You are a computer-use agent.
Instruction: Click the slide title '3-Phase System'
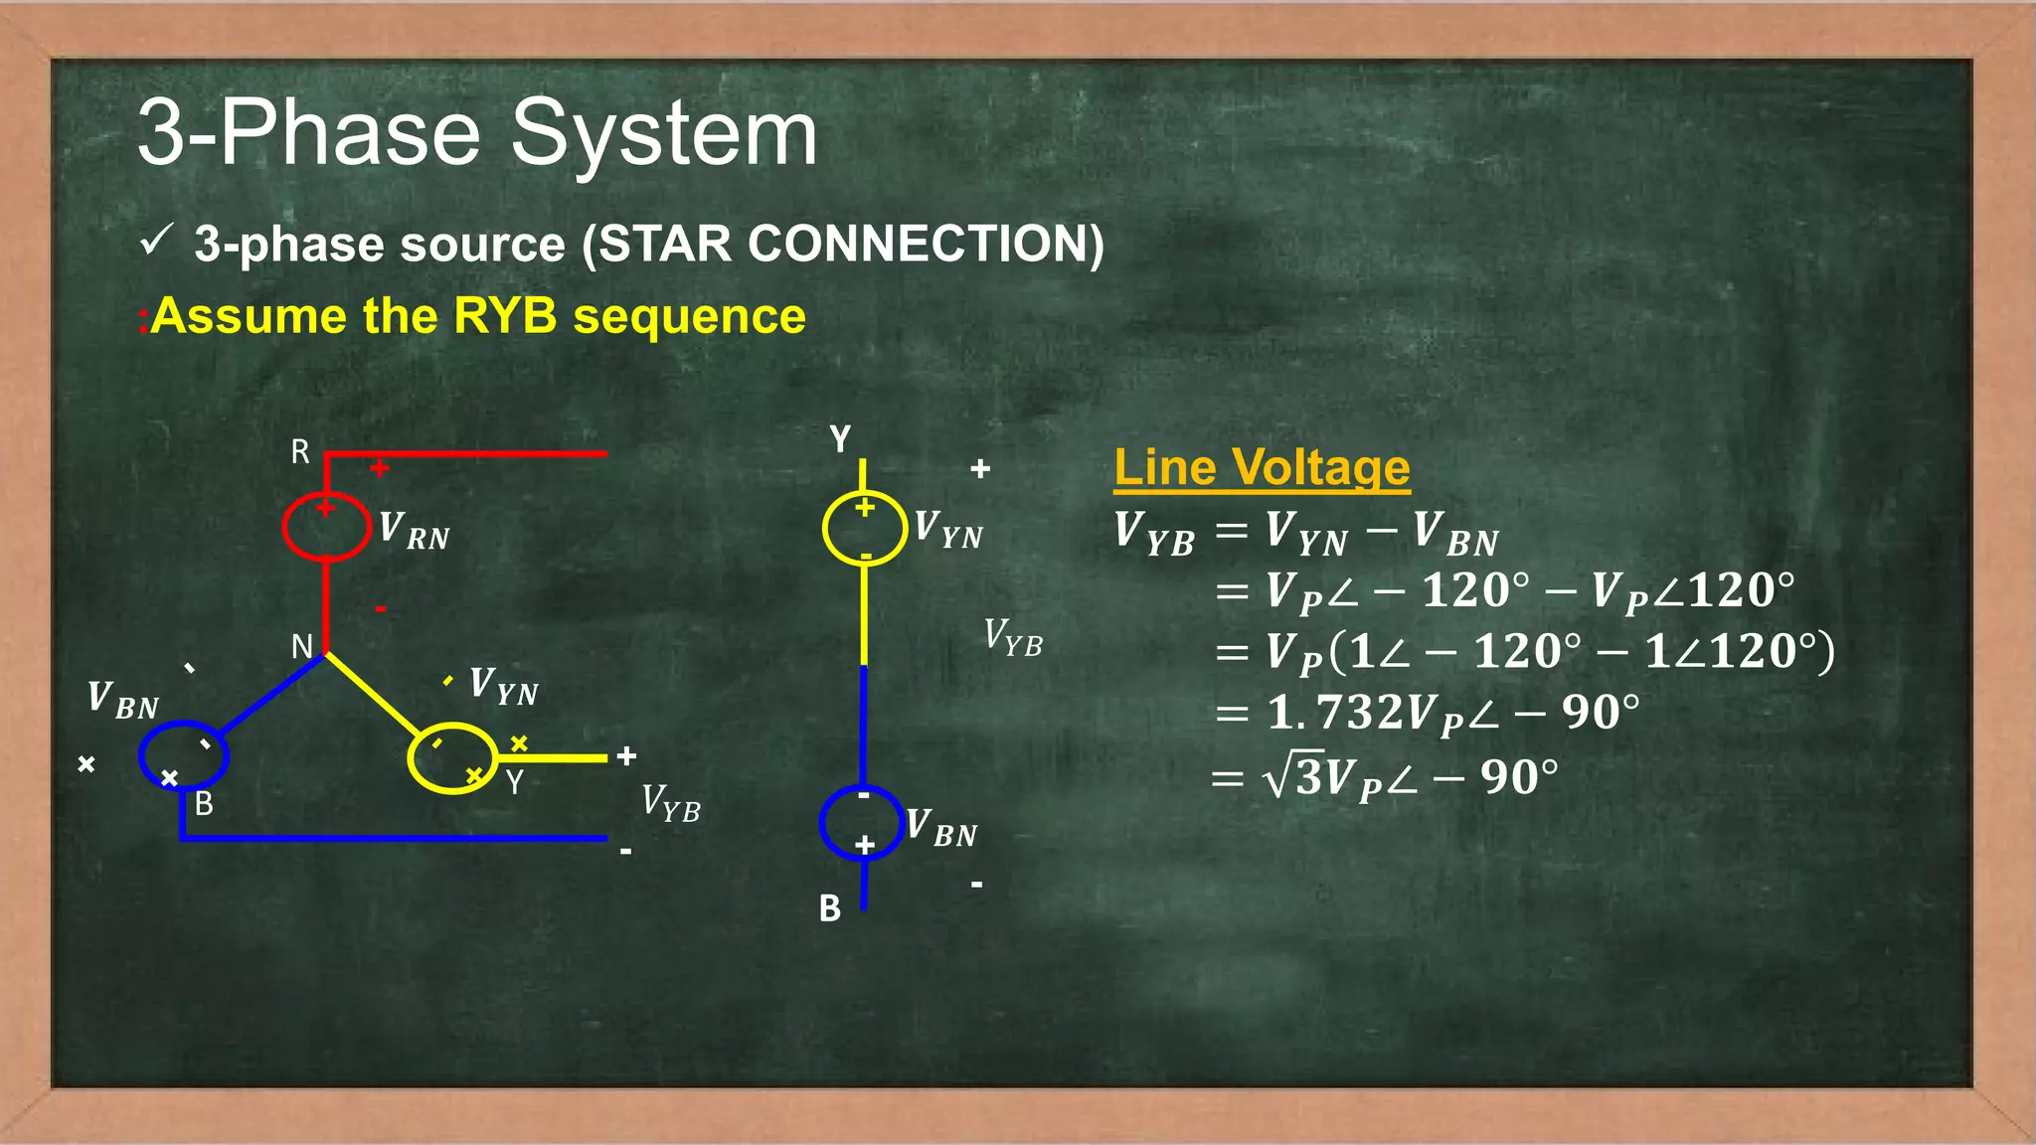click(x=477, y=134)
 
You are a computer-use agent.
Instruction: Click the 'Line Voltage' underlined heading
click(x=1262, y=467)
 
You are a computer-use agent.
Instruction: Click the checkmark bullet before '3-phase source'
click(x=157, y=240)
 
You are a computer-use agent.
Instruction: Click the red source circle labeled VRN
click(x=326, y=527)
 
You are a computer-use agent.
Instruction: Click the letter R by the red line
click(x=300, y=452)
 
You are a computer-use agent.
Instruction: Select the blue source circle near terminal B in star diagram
click(x=184, y=755)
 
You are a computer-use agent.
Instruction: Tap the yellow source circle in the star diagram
click(x=452, y=758)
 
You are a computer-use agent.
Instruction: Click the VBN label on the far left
click(x=122, y=700)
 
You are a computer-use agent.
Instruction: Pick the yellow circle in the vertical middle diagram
click(x=864, y=528)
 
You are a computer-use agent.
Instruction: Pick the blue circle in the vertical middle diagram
click(x=862, y=822)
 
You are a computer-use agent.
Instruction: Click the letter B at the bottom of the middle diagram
click(x=830, y=908)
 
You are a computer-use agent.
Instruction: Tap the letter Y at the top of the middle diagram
click(x=840, y=438)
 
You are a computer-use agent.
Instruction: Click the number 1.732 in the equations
click(x=1323, y=713)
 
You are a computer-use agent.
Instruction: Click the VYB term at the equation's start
click(x=1154, y=533)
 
